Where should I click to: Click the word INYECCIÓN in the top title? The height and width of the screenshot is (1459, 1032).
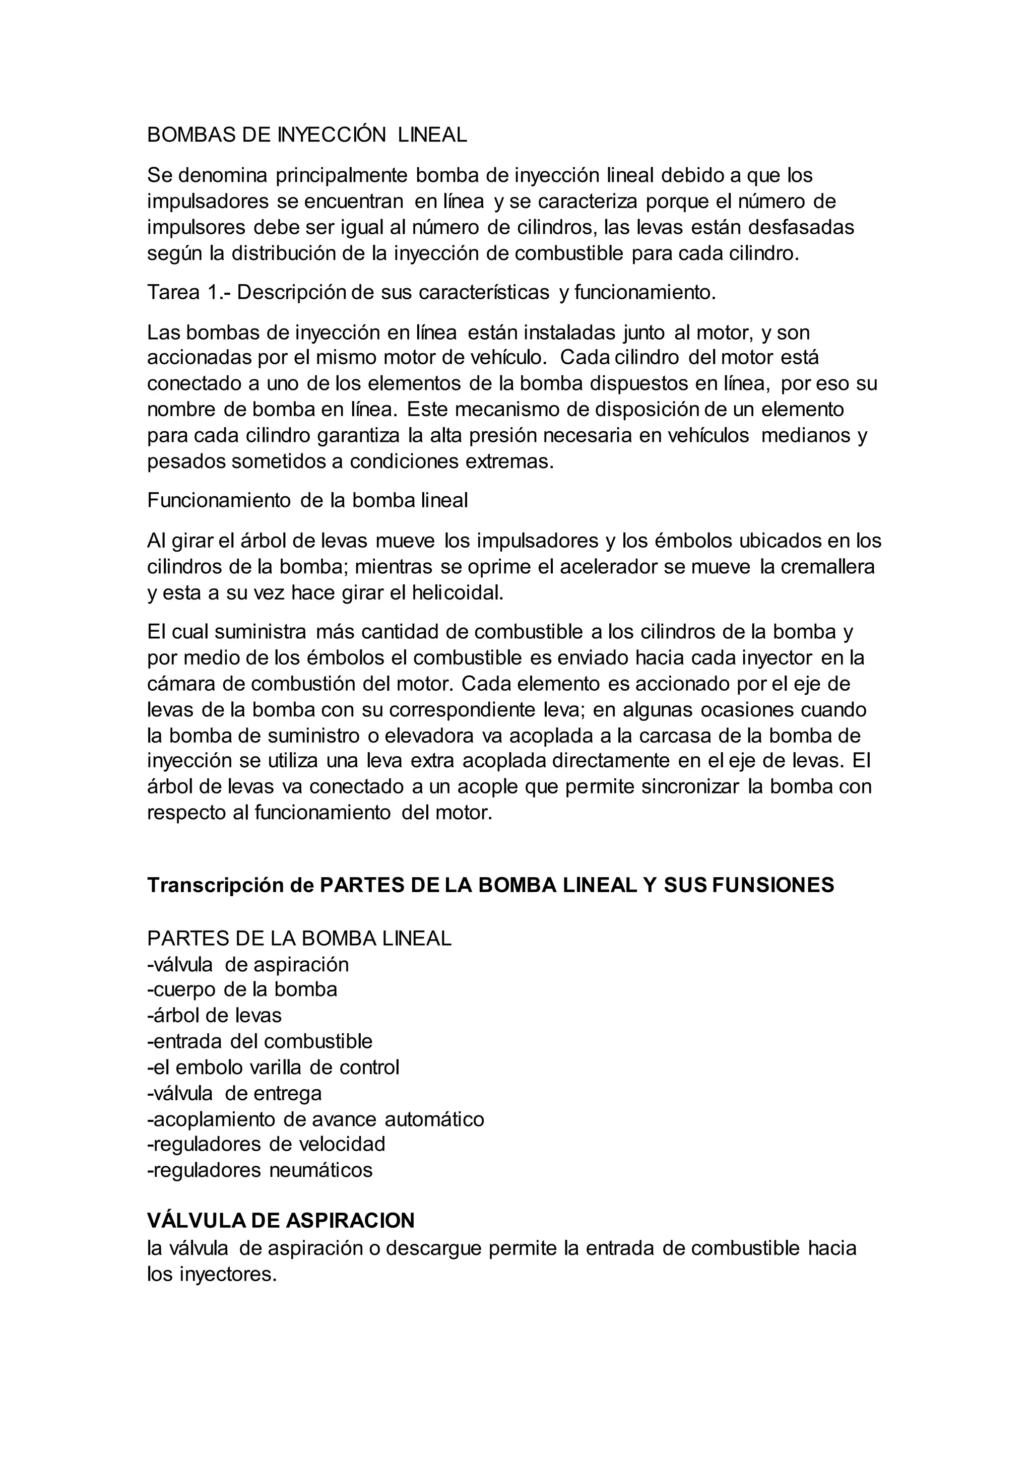click(331, 135)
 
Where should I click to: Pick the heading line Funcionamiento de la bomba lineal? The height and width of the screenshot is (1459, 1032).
click(307, 501)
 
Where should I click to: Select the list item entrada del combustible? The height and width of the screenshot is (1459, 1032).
click(260, 1041)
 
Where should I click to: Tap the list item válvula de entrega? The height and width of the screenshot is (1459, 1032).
click(234, 1093)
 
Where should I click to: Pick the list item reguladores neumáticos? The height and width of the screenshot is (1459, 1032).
click(260, 1170)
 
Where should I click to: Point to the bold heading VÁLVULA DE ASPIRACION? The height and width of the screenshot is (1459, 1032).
click(281, 1220)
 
